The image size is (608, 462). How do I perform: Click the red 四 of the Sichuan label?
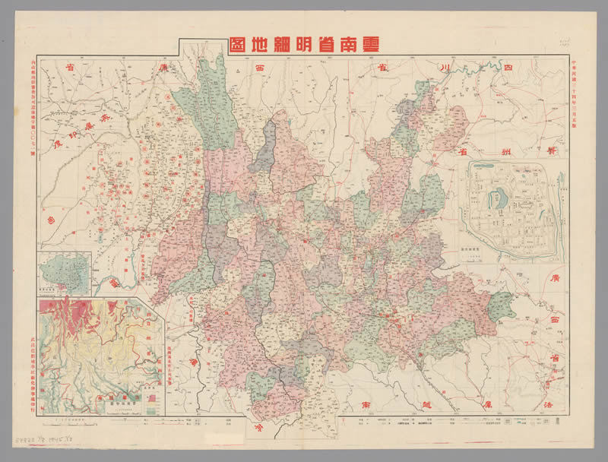point(527,69)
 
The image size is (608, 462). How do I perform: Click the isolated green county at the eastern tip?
point(502,304)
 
